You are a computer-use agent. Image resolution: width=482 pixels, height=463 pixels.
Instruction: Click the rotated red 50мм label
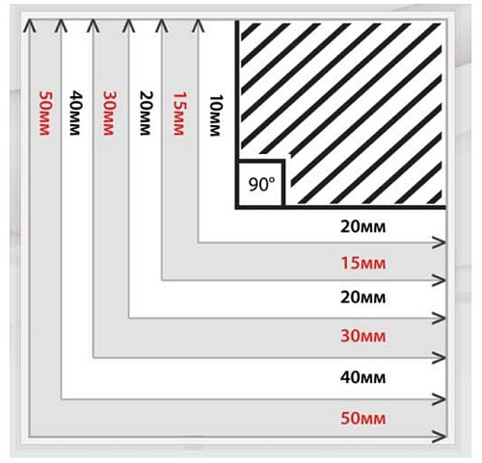[x=44, y=114]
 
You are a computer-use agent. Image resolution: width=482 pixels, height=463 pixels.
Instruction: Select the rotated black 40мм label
[x=75, y=114]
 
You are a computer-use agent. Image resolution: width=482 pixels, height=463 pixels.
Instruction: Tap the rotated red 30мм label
[x=109, y=114]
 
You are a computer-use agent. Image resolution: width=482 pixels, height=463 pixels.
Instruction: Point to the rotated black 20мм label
[x=146, y=114]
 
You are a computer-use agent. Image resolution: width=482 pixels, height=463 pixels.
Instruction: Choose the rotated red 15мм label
[x=179, y=114]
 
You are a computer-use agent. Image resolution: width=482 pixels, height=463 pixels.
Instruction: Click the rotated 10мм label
[x=216, y=116]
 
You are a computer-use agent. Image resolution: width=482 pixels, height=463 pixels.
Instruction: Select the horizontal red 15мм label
[x=363, y=263]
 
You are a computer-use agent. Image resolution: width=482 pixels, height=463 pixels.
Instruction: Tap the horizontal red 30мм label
[x=363, y=336]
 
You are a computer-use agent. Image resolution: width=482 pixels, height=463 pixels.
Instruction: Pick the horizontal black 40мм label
[x=363, y=377]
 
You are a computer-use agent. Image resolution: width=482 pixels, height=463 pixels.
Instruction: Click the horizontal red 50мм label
[x=363, y=419]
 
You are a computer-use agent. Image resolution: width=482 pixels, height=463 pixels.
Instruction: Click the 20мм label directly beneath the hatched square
[x=363, y=227]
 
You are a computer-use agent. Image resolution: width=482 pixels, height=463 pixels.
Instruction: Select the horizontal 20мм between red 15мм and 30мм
[x=363, y=297]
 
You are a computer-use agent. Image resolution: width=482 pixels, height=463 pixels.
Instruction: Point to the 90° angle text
[x=262, y=185]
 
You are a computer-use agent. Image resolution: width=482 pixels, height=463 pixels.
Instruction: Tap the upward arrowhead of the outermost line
[x=30, y=26]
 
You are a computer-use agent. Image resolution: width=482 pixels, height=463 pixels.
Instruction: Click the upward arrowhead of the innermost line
[x=198, y=26]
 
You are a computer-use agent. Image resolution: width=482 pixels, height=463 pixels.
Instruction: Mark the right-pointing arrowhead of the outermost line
[x=440, y=436]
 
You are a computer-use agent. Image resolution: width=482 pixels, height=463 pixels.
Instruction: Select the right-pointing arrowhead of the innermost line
[x=440, y=243]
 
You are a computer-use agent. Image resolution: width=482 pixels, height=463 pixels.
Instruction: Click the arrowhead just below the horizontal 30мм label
[x=440, y=357]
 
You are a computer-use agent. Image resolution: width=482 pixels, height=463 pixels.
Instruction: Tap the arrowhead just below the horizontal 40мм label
[x=440, y=399]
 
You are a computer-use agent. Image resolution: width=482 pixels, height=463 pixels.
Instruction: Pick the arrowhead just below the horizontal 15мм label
[x=440, y=280]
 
